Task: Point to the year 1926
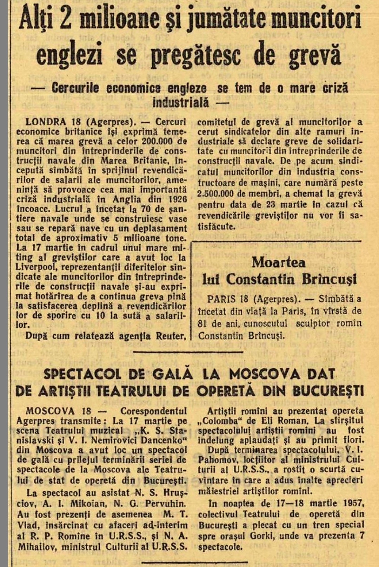click(178, 199)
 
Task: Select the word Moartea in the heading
click(279, 262)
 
